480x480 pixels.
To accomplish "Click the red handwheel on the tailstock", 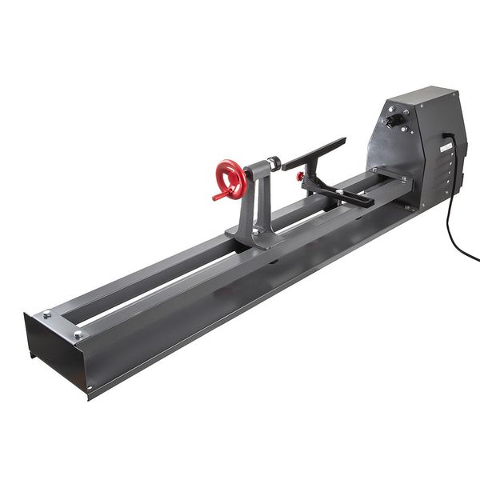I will pos(230,178).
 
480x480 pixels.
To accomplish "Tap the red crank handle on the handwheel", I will pos(218,195).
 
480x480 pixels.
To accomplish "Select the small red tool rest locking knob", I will pos(300,176).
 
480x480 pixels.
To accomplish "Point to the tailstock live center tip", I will pos(279,163).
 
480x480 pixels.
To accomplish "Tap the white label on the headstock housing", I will pos(446,149).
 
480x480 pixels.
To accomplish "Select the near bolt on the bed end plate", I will pos(78,334).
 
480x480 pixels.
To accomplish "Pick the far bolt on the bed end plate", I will pos(47,314).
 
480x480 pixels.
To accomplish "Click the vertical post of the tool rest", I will pos(308,181).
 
